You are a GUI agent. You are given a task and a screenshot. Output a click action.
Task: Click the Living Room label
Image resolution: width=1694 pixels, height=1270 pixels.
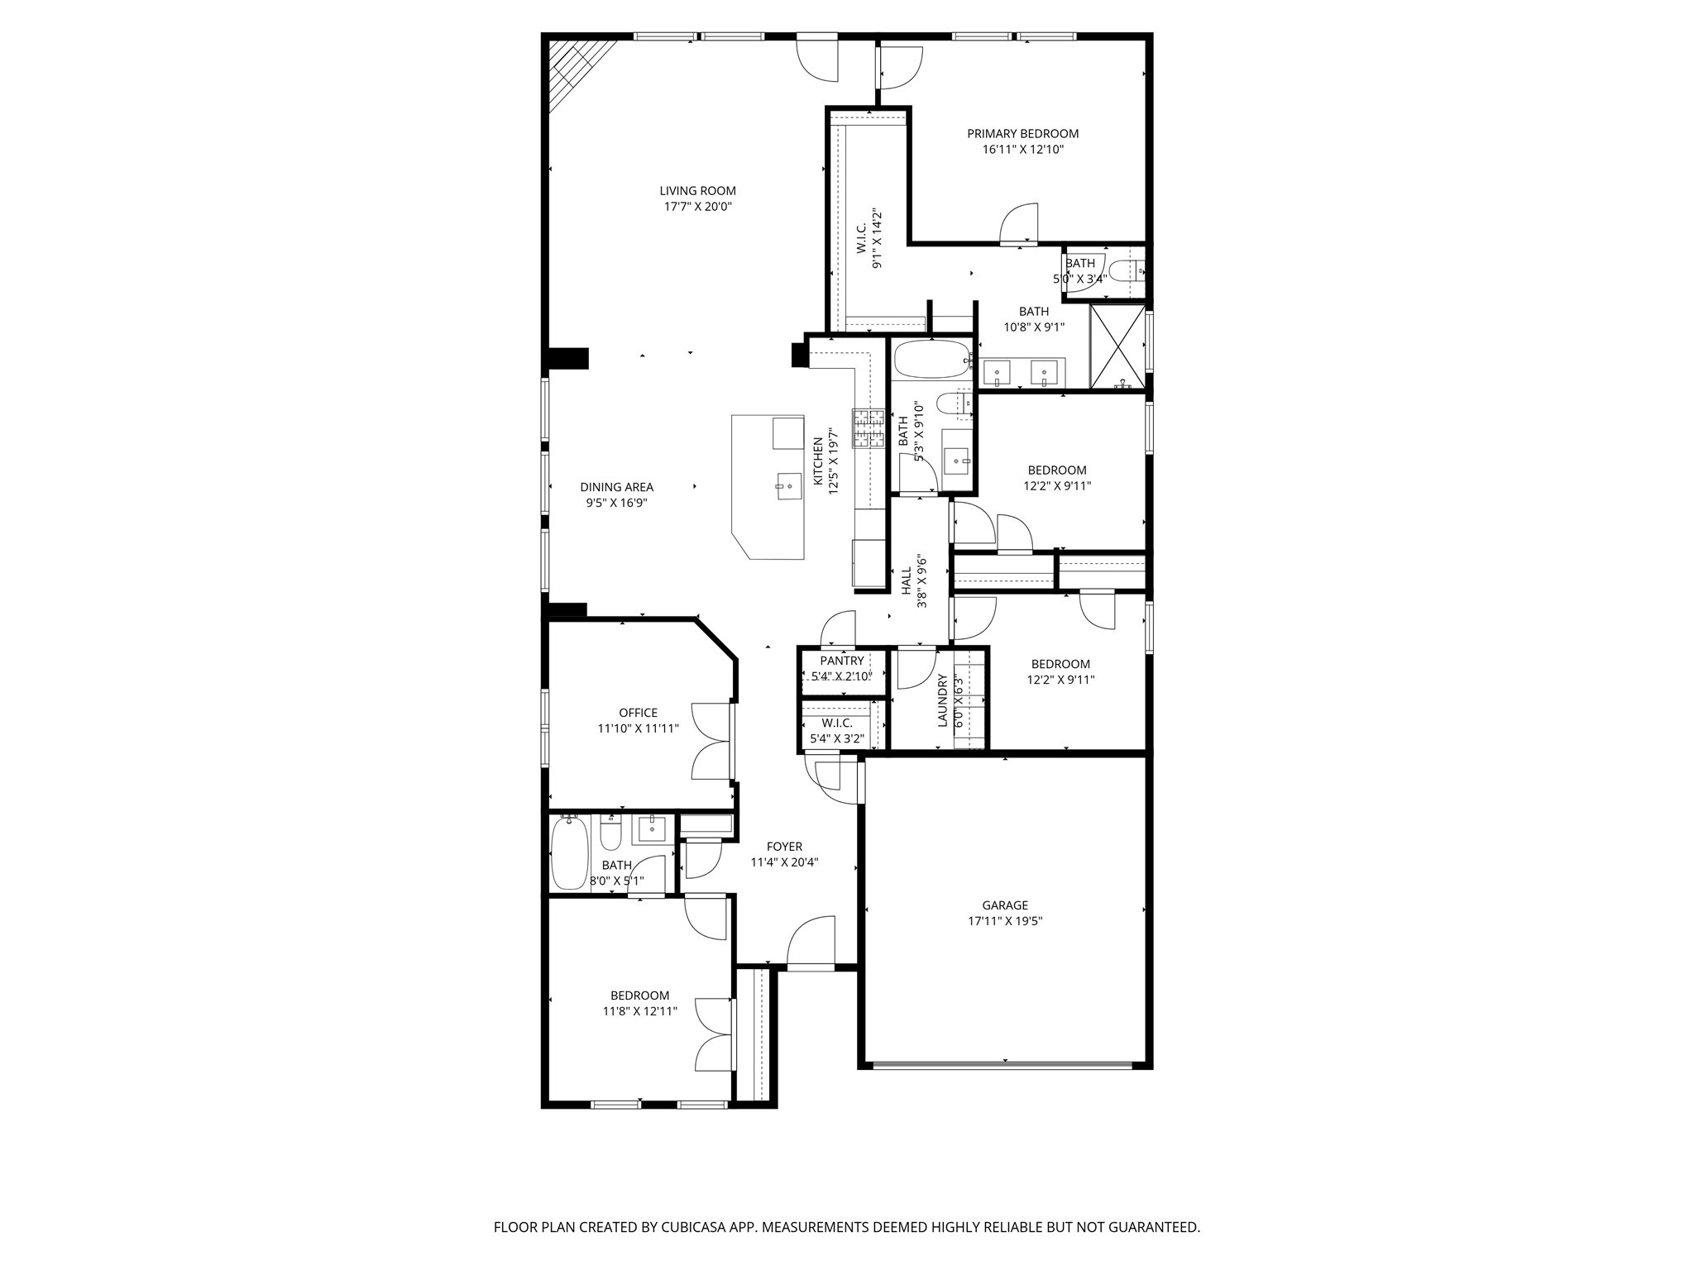click(x=697, y=191)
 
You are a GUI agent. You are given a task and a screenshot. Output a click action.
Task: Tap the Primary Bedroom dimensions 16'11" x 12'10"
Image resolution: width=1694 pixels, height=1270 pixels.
click(x=1022, y=150)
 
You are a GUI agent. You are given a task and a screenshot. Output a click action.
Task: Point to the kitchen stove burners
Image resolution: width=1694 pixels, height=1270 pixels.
click(x=869, y=428)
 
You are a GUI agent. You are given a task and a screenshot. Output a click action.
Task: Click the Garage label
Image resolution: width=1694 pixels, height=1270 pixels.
click(x=1005, y=905)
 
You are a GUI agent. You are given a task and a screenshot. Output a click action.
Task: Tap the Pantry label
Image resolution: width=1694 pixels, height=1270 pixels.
click(x=842, y=661)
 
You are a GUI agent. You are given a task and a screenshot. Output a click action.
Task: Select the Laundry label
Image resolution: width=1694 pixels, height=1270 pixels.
click(x=942, y=700)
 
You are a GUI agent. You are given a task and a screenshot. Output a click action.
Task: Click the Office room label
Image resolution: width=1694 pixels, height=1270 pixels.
click(x=638, y=713)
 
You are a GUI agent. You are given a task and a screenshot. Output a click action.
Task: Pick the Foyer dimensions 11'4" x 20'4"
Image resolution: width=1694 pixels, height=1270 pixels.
click(x=784, y=862)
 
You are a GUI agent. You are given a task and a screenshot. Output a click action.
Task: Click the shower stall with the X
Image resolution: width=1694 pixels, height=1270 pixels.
click(x=1117, y=346)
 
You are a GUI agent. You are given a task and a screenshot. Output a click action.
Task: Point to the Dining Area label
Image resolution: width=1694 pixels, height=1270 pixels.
click(x=616, y=487)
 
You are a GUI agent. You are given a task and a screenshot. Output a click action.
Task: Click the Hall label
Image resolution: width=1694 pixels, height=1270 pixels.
click(x=907, y=581)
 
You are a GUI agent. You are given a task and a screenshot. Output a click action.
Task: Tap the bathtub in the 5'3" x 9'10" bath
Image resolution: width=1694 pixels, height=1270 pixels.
click(x=931, y=360)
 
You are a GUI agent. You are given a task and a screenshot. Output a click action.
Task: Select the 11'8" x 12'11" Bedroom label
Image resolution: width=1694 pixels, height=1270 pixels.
click(x=639, y=995)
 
